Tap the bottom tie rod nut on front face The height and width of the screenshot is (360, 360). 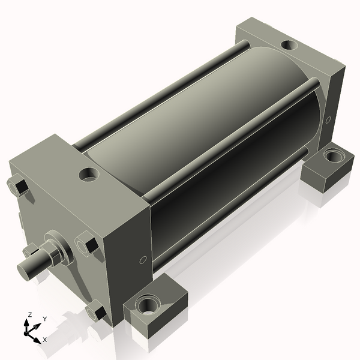[96, 311]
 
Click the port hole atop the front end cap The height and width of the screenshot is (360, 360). [90, 174]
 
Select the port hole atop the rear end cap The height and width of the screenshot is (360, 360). [288, 44]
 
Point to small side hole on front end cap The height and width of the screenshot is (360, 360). [142, 260]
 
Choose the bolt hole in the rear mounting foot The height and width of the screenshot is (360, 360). [331, 157]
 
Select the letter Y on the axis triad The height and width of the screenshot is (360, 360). [44, 319]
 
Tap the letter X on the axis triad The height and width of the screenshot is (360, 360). [45, 340]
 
